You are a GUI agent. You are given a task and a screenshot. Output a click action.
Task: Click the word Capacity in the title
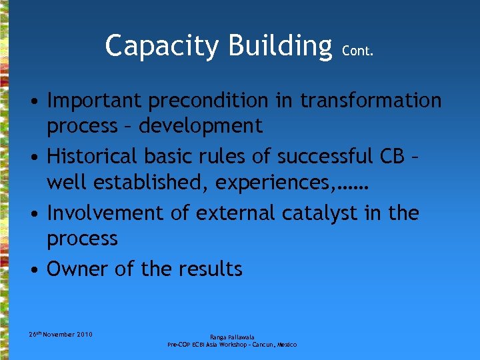pos(161,46)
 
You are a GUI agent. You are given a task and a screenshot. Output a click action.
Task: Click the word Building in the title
pos(280,46)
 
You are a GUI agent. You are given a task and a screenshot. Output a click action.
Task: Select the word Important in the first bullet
pos(94,101)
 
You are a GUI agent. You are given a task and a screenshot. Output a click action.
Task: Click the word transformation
pos(371,101)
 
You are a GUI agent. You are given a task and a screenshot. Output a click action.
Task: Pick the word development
pos(201,125)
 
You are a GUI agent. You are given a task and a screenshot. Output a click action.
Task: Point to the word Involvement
pos(103,213)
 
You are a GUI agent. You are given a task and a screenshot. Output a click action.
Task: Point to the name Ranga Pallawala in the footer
pos(231,337)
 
